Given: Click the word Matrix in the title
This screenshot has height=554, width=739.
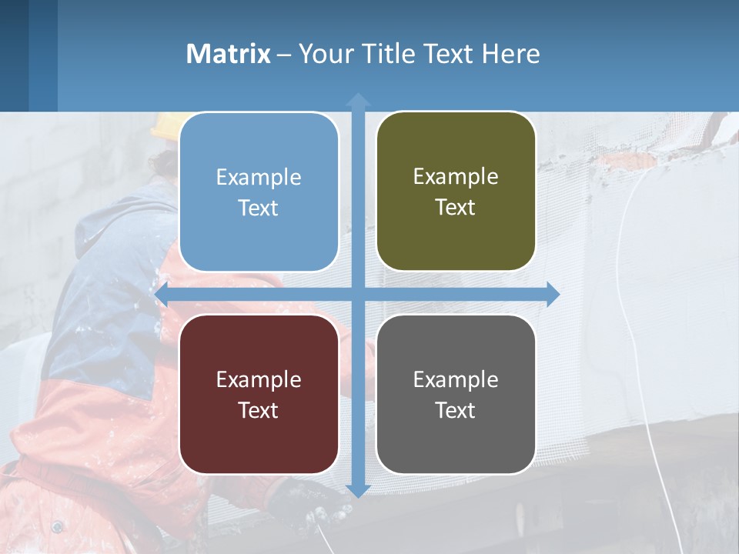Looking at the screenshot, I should pos(228,54).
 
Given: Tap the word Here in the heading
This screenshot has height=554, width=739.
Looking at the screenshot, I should pos(510,54).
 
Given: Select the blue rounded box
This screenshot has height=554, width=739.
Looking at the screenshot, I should pos(259,192).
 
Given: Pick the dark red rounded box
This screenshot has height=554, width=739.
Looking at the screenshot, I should pos(259,394).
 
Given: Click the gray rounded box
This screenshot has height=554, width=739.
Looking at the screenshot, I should pos(456,394).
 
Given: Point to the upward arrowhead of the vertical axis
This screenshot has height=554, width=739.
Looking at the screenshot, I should pos(358,100).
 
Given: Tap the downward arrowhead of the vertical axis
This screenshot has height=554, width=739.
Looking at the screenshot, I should pos(358,490).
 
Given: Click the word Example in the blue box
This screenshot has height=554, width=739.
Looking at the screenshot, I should pos(259,177).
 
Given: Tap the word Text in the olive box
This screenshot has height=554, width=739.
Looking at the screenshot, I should pos(456,208).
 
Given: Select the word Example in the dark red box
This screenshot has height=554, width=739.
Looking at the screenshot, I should pos(259,379).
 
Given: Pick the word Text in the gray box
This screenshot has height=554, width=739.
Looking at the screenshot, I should pos(456,410).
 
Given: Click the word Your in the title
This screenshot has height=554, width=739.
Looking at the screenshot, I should pos(322,54).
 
